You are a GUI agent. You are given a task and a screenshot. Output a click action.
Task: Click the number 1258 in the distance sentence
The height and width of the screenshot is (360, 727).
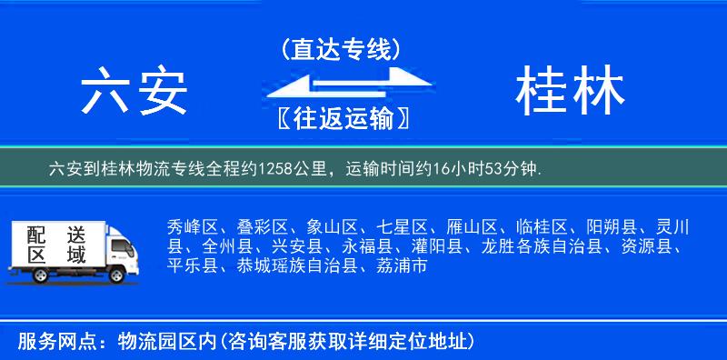(277, 168)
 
